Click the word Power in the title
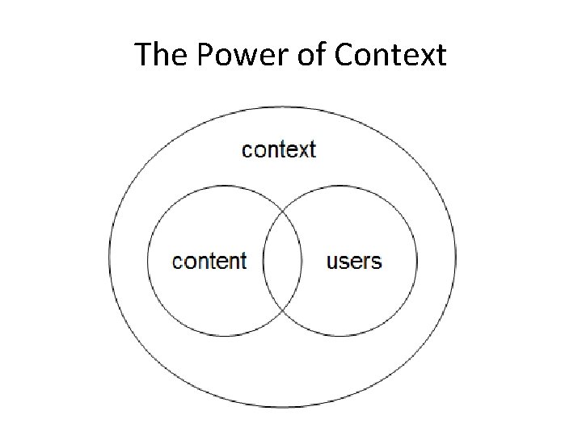click(223, 55)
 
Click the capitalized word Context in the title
click(389, 55)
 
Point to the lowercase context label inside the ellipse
click(279, 149)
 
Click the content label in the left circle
click(209, 261)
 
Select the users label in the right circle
click(354, 261)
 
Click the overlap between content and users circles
click(282, 262)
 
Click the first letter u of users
click(331, 262)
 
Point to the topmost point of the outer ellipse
click(282, 106)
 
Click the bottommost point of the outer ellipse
click(282, 408)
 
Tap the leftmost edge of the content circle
click(148, 262)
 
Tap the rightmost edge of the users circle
click(418, 262)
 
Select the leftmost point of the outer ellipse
click(109, 257)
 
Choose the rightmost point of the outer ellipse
click(456, 257)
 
